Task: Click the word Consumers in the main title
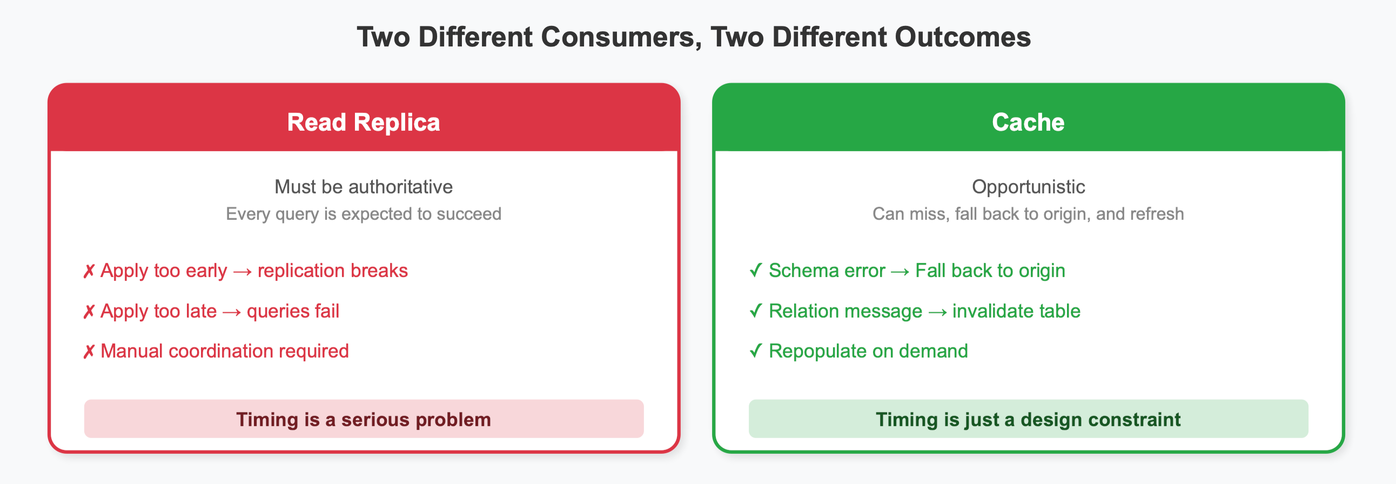[x=618, y=37]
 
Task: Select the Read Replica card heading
[x=363, y=122]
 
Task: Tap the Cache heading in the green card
[x=1028, y=122]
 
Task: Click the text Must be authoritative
[x=363, y=187]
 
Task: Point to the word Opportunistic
[x=1028, y=187]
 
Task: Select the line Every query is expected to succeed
[x=363, y=214]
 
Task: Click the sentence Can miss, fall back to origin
[x=1028, y=214]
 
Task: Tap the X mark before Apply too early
[x=89, y=271]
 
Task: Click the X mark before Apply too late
[x=89, y=312]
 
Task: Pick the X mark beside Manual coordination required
[x=89, y=352]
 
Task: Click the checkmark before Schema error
[x=755, y=271]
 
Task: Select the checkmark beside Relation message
[x=755, y=311]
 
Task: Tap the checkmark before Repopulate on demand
[x=755, y=351]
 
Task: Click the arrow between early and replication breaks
[x=242, y=272]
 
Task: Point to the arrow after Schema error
[x=900, y=272]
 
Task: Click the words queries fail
[x=293, y=311]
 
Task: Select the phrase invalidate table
[x=1016, y=311]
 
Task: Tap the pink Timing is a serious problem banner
[x=363, y=419]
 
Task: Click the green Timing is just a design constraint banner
[x=1028, y=419]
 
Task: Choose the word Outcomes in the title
[x=962, y=37]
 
